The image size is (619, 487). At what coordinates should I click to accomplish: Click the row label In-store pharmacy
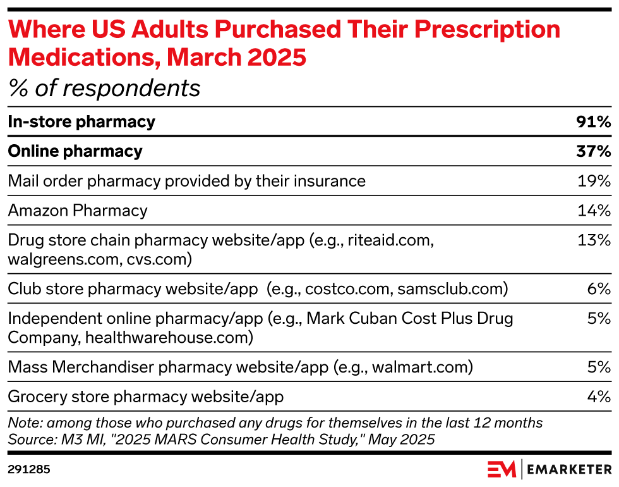click(x=81, y=122)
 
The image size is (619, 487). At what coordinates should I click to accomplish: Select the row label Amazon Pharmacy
click(x=78, y=211)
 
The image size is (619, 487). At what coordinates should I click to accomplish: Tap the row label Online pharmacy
click(x=75, y=152)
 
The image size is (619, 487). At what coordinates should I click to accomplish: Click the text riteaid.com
click(x=392, y=240)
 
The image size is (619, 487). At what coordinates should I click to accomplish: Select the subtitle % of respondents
click(x=104, y=89)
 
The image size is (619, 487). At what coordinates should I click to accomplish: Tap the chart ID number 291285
click(x=29, y=469)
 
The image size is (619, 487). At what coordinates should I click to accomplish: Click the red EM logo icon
click(x=502, y=469)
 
